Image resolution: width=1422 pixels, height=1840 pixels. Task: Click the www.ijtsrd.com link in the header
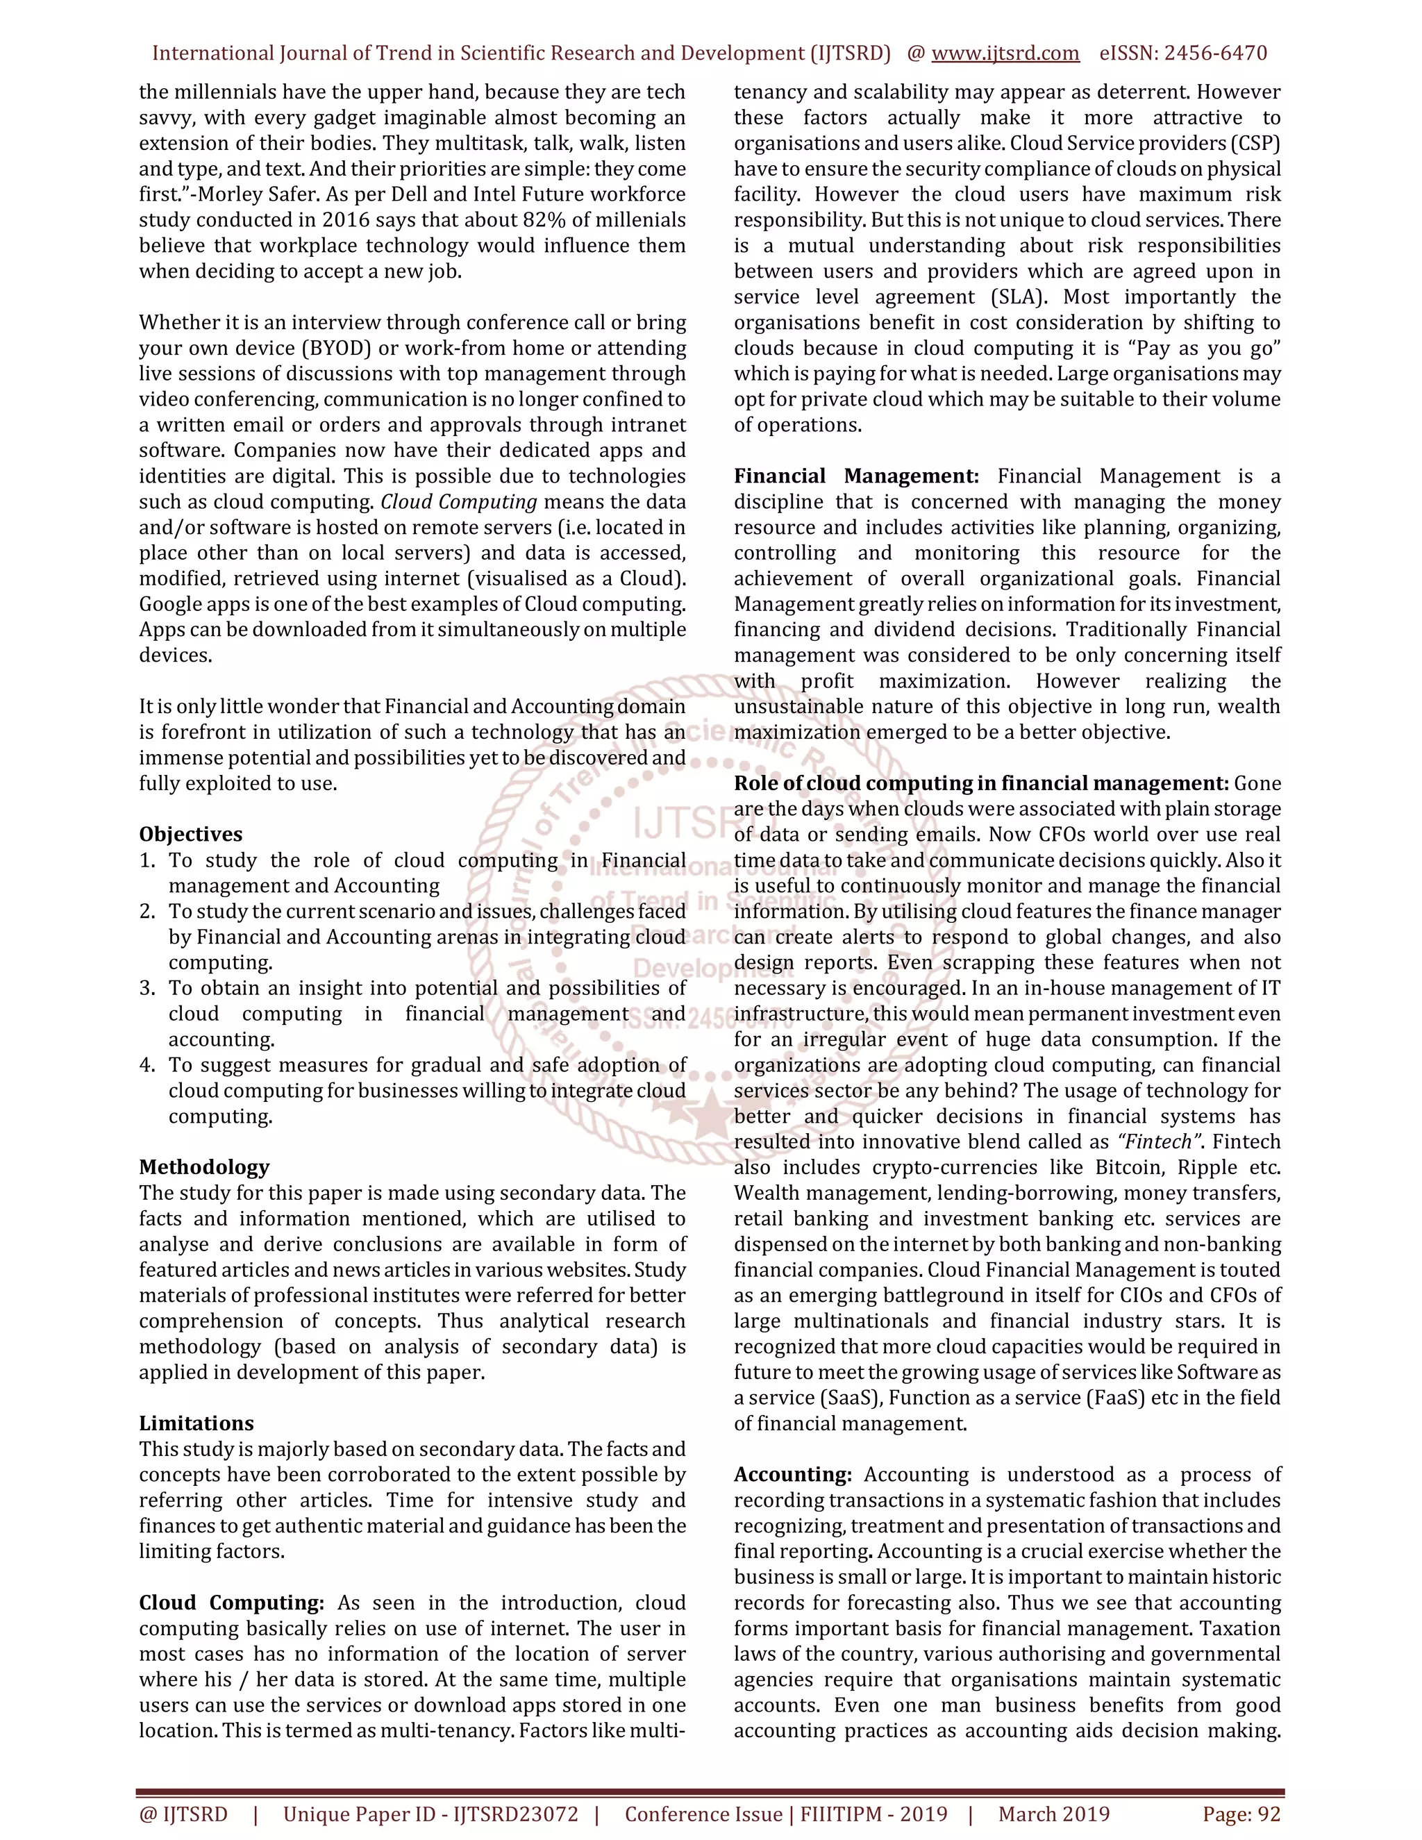click(x=1005, y=53)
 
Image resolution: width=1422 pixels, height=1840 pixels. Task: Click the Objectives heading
click(x=190, y=834)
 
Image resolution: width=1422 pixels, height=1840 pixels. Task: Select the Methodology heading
click(x=204, y=1167)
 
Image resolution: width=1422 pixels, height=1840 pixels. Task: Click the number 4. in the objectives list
click(x=147, y=1065)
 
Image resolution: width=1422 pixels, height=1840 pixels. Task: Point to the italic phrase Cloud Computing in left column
click(x=459, y=501)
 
